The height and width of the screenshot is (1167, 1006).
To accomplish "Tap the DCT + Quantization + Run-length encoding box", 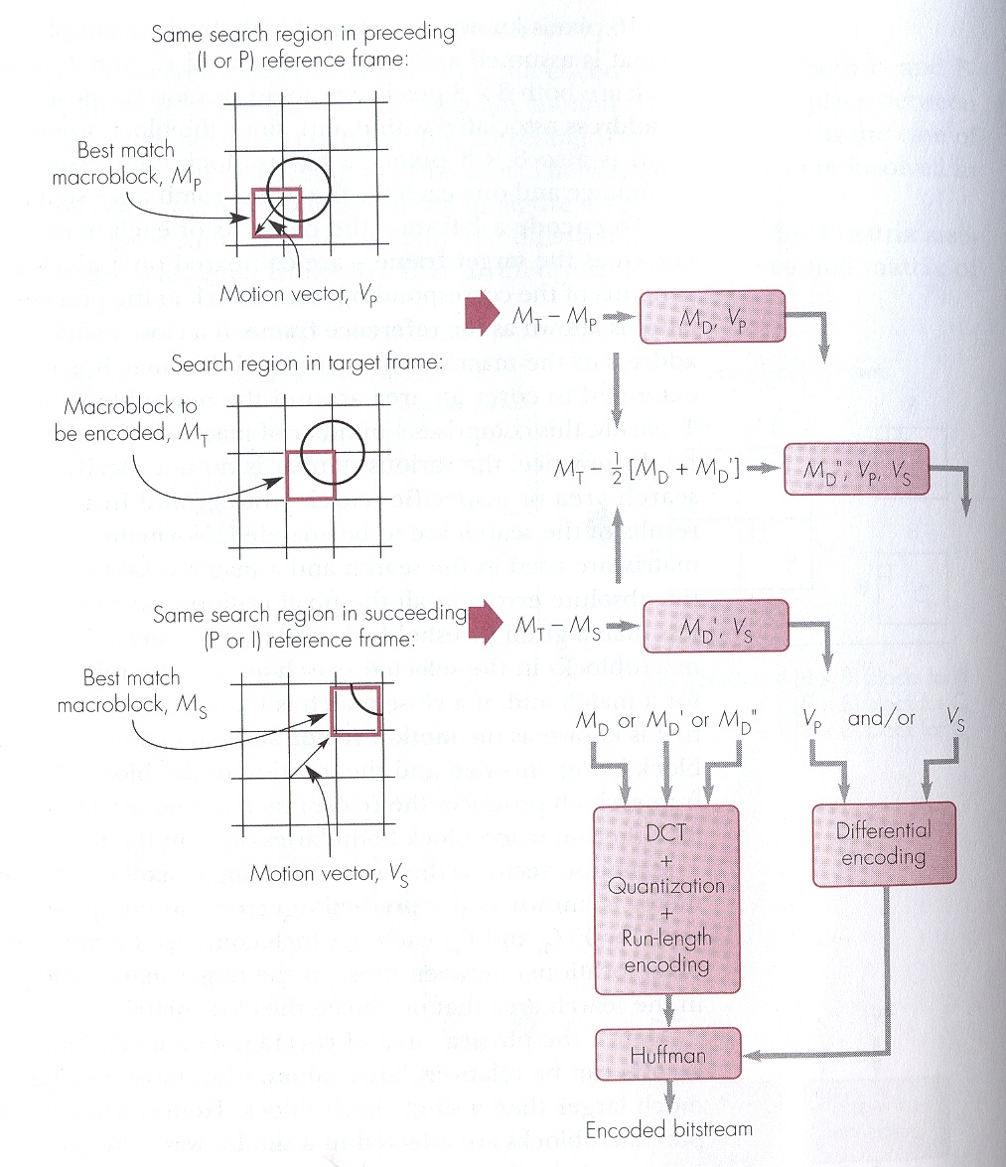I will [666, 900].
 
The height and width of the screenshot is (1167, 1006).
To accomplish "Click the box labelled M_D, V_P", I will [714, 318].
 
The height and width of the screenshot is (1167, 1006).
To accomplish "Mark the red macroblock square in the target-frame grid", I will [311, 474].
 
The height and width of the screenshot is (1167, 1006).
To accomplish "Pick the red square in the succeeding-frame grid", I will [355, 709].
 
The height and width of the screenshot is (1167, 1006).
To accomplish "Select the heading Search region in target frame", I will [306, 364].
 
